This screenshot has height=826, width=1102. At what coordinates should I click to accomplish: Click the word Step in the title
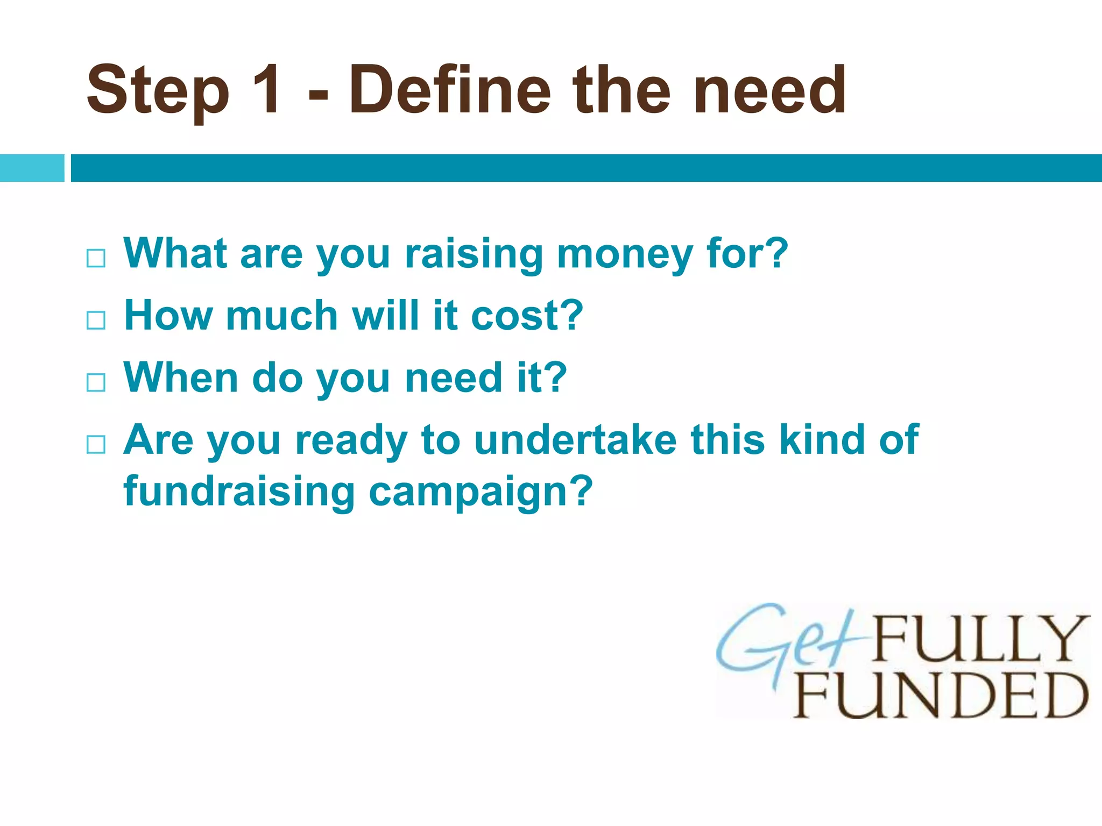158,90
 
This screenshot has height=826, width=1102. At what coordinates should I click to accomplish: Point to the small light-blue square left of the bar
32,168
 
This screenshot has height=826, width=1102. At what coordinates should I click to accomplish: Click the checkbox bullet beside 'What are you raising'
96,258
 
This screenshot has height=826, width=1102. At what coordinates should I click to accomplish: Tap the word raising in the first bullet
474,254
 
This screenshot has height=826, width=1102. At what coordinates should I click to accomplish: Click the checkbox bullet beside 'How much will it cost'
96,321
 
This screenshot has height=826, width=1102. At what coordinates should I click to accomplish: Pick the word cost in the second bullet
527,316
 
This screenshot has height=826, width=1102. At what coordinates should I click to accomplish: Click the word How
168,316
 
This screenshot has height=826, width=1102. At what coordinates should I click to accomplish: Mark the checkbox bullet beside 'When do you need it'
96,382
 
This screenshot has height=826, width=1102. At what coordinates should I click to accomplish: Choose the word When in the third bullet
181,378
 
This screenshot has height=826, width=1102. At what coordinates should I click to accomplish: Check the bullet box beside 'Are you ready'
96,444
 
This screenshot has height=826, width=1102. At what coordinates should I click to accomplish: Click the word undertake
575,440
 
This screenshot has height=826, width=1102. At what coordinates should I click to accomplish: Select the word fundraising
239,492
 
